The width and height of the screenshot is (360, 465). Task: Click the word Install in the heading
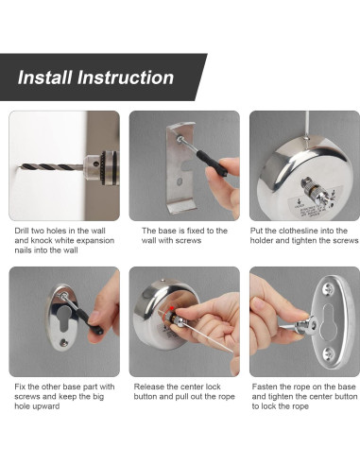coord(45,77)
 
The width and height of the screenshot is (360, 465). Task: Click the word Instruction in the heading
coord(126,77)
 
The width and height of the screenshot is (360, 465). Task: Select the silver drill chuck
coord(101,167)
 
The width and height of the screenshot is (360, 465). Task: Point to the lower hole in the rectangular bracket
coord(180,181)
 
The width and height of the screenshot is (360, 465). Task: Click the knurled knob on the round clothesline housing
coord(314,191)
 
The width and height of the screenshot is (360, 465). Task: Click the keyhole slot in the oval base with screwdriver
coord(64,318)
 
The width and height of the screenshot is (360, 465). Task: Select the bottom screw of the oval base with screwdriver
coord(64,342)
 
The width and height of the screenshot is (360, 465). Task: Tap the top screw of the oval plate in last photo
coord(329,288)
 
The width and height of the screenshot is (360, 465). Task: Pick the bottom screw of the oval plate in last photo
coord(328,354)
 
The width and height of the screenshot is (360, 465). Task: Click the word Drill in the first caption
coord(22,231)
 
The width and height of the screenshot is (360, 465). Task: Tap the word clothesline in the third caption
coord(300,231)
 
